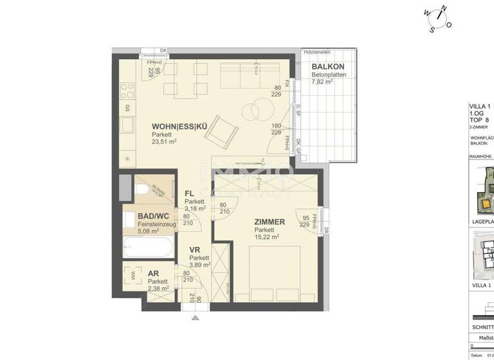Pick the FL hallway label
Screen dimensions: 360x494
[189, 193]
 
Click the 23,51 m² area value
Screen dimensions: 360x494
[165, 143]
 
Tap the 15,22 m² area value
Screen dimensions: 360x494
[266, 237]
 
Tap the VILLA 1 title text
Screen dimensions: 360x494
[480, 106]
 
